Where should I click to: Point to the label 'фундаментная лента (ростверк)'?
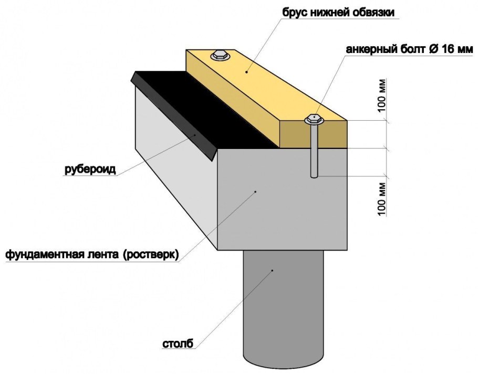tap(92, 255)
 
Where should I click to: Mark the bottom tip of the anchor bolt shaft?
tap(314, 176)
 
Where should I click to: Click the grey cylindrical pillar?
tap(284, 309)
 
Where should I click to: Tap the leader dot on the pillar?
tap(272, 271)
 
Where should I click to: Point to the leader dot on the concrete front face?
tap(255, 192)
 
